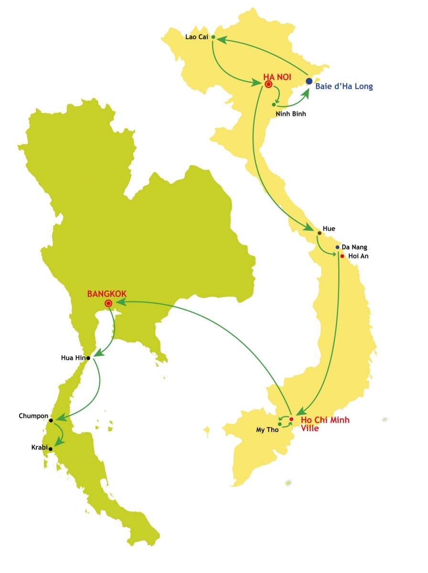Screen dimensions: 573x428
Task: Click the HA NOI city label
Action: click(278, 76)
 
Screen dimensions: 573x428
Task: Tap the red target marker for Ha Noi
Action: click(268, 85)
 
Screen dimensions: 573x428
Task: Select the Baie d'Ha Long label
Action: click(344, 86)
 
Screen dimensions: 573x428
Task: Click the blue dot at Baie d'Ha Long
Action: click(309, 81)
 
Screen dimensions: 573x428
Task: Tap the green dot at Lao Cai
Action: click(213, 37)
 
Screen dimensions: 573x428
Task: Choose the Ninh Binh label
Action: click(291, 114)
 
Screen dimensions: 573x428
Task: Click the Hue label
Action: click(329, 229)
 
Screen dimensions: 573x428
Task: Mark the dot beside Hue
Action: click(320, 233)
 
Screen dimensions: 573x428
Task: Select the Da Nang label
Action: click(353, 247)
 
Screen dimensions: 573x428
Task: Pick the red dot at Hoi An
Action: click(342, 256)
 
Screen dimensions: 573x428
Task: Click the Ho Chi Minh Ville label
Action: click(325, 424)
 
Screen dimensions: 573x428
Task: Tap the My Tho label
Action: click(267, 430)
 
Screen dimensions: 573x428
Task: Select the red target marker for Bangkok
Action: click(108, 303)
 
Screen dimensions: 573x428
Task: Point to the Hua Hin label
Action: click(73, 357)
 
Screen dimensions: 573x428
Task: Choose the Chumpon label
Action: click(33, 416)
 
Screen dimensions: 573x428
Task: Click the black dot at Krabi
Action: click(50, 449)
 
